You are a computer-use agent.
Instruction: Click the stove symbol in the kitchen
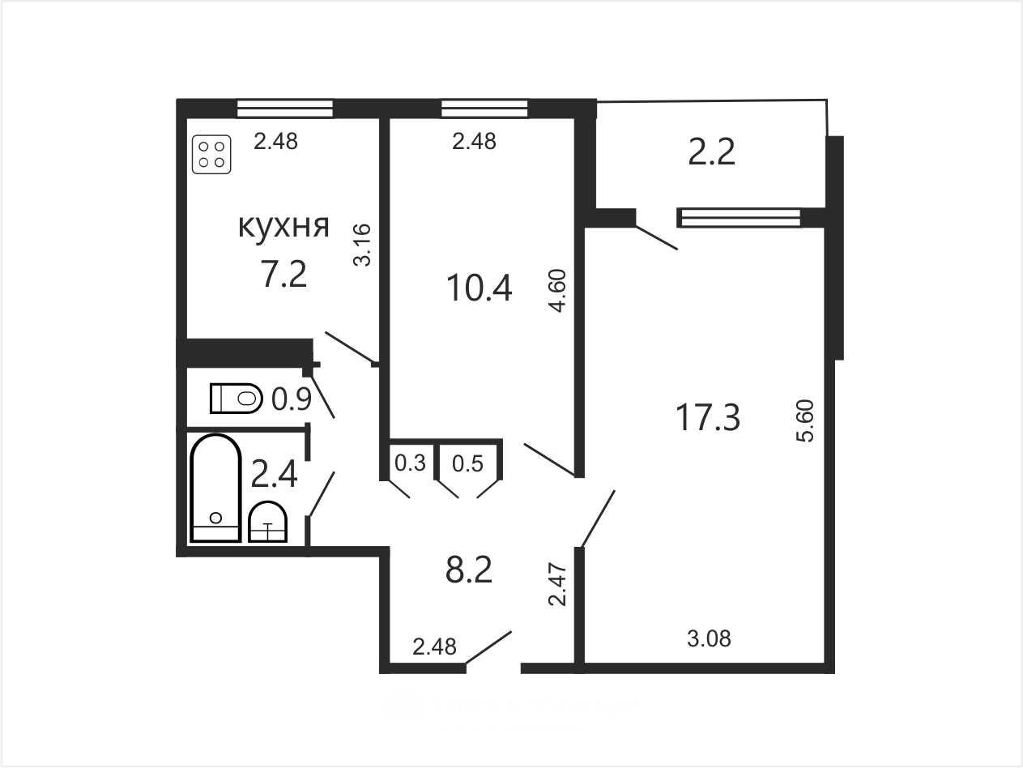click(211, 154)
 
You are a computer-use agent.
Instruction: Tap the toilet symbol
click(237, 398)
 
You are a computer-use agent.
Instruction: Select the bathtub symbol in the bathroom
click(215, 488)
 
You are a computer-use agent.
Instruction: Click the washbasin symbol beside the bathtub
click(267, 522)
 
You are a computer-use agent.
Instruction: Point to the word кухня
click(283, 227)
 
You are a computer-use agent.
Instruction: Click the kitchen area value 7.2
click(283, 274)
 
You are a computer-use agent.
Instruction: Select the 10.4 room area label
click(480, 288)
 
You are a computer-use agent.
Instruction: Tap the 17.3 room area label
click(707, 417)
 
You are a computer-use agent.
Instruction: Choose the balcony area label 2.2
click(712, 152)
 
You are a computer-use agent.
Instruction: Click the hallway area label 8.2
click(469, 570)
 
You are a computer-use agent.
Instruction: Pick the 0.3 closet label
click(410, 463)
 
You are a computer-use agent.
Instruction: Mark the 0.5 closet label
click(468, 463)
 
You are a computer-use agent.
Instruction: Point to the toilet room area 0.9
click(292, 399)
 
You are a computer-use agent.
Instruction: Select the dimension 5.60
click(806, 420)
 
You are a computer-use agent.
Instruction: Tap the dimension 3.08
click(709, 638)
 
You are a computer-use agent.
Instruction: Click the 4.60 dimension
click(557, 291)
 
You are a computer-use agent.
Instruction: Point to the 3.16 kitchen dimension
click(362, 245)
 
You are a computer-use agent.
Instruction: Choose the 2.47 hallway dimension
click(557, 585)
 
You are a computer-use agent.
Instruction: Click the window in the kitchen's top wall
click(285, 108)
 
